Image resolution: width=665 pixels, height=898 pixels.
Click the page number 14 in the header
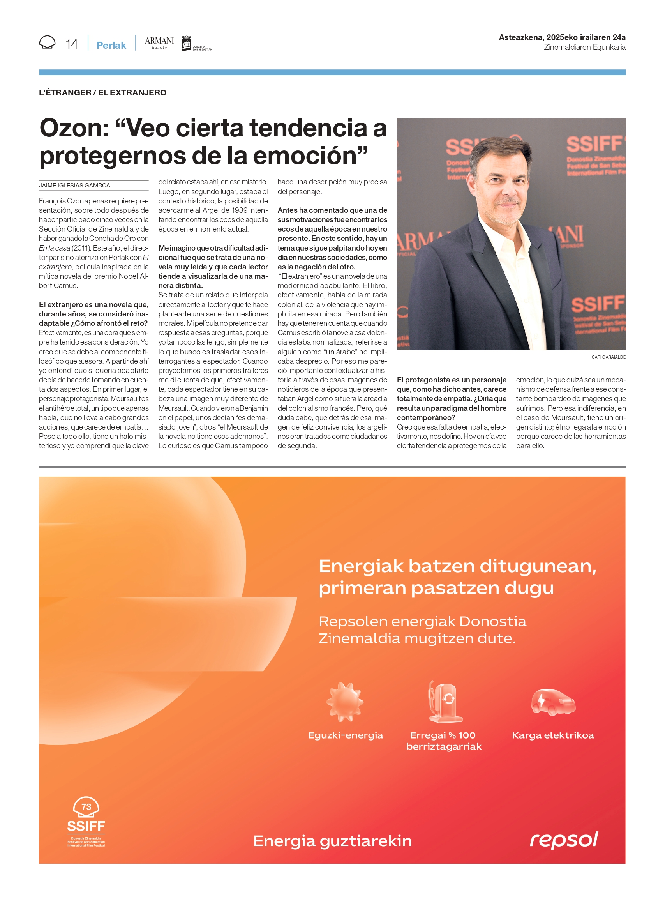[x=72, y=44]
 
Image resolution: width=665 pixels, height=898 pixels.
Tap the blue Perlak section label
[x=111, y=45]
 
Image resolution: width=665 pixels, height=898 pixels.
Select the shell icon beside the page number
[x=47, y=42]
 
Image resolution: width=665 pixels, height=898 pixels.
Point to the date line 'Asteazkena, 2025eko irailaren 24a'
[x=562, y=37]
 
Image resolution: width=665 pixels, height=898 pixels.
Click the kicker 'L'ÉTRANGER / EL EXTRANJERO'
[x=102, y=93]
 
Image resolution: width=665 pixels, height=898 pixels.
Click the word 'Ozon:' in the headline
[x=74, y=129]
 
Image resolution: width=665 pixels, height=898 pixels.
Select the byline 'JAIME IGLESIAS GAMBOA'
[x=74, y=185]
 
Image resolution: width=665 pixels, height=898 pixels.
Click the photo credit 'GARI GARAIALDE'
[x=608, y=357]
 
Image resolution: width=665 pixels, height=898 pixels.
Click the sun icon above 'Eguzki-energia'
[x=345, y=702]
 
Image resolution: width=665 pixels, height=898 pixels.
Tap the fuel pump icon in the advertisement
[x=445, y=702]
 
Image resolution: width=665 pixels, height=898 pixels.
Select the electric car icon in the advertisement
[x=553, y=702]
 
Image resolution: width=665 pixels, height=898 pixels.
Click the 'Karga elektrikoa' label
[x=553, y=735]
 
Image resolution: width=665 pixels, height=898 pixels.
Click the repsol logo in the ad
[x=564, y=840]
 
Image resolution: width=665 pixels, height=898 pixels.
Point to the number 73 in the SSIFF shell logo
[x=86, y=806]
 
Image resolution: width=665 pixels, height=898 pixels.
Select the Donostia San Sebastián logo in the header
[x=196, y=44]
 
